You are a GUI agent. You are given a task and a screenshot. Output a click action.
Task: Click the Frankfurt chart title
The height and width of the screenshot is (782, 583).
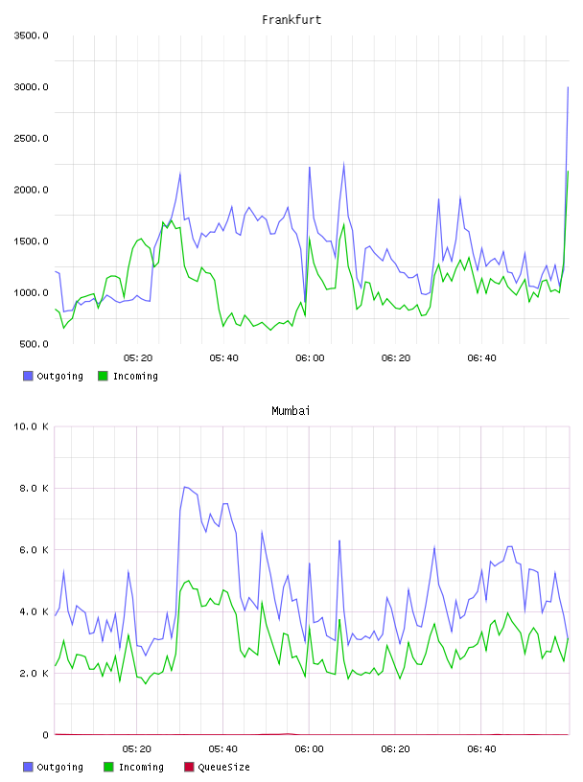pyautogui.click(x=291, y=20)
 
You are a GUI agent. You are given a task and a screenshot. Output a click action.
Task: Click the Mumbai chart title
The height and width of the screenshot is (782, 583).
pyautogui.click(x=291, y=411)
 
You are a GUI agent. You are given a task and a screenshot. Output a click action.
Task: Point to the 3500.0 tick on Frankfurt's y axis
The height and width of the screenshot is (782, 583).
pyautogui.click(x=32, y=35)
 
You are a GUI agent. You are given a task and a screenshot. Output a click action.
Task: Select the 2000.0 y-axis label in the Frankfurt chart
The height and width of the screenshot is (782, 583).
pyautogui.click(x=32, y=190)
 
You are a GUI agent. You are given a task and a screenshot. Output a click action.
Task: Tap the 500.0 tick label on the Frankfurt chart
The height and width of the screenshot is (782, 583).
pyautogui.click(x=34, y=344)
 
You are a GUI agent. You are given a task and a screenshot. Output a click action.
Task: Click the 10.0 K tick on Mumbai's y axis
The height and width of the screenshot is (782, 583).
pyautogui.click(x=32, y=426)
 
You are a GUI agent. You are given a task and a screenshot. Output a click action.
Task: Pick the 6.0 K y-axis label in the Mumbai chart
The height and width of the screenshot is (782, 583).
pyautogui.click(x=34, y=549)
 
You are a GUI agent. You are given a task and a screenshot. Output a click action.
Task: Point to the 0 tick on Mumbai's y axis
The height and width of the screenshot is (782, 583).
pyautogui.click(x=45, y=735)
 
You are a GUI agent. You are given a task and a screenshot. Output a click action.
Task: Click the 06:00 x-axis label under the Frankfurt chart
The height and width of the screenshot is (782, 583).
pyautogui.click(x=310, y=358)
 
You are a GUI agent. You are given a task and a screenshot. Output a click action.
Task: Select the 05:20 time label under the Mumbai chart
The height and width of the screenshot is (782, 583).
pyautogui.click(x=137, y=749)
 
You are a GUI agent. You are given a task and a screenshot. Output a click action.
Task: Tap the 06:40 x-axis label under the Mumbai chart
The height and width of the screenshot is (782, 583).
pyautogui.click(x=481, y=749)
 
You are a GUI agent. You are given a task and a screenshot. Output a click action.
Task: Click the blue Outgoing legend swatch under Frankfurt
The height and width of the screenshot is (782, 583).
pyautogui.click(x=28, y=376)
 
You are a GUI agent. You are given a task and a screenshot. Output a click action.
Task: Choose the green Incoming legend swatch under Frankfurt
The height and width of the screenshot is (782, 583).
pyautogui.click(x=103, y=376)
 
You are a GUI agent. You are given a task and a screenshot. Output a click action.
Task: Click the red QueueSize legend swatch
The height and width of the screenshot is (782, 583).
pyautogui.click(x=189, y=767)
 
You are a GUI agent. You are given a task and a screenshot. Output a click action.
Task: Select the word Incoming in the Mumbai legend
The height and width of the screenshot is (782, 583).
pyautogui.click(x=141, y=767)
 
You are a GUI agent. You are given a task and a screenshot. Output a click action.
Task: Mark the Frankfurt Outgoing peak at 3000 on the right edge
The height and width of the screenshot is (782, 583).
pyautogui.click(x=568, y=87)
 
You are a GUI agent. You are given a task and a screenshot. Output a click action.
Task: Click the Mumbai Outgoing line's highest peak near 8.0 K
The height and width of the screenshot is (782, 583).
pyautogui.click(x=185, y=487)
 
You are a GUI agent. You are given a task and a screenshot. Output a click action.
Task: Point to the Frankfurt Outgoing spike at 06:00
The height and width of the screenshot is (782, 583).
pyautogui.click(x=310, y=167)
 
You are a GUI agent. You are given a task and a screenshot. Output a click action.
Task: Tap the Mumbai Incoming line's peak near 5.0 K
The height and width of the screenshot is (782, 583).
pyautogui.click(x=188, y=581)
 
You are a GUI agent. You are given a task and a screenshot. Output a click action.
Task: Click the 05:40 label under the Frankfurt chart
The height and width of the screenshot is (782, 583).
pyautogui.click(x=224, y=358)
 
